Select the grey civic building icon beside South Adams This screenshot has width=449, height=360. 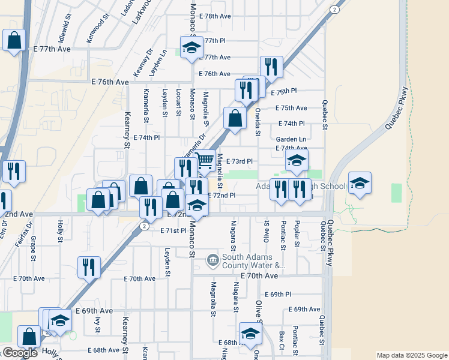pyautogui.click(x=212, y=260)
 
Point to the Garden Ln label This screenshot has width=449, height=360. pyautogui.click(x=291, y=139)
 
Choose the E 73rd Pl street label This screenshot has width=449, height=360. pyautogui.click(x=238, y=161)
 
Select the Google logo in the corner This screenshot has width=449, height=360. pyautogui.click(x=20, y=352)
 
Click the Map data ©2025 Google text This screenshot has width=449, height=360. pyautogui.click(x=412, y=355)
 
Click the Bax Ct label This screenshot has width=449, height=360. pyautogui.click(x=281, y=340)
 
